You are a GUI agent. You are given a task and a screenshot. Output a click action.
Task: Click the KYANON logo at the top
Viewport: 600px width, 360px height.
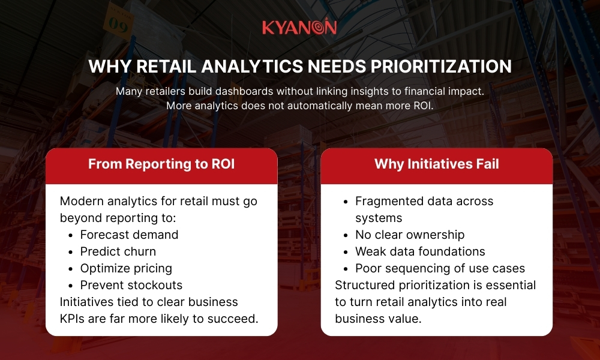299,28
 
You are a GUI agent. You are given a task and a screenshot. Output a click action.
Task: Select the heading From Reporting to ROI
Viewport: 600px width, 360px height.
161,164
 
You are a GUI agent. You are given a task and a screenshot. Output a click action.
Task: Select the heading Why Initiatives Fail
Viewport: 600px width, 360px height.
437,164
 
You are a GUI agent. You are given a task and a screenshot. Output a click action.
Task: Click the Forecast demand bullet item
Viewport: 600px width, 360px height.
129,235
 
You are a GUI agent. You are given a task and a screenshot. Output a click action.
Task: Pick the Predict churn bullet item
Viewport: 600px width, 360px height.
118,251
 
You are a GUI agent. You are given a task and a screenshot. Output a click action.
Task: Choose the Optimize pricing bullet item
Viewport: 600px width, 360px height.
126,268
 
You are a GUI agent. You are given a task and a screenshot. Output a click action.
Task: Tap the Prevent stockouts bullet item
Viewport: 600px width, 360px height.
131,285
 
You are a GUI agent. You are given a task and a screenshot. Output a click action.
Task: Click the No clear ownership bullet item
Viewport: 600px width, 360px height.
410,235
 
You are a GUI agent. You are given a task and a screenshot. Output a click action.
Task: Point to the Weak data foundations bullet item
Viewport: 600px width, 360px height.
420,251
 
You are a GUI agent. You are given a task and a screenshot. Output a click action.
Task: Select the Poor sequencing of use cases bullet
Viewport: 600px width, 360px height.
440,268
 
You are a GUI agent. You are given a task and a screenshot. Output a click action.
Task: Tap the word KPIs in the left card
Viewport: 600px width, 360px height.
73,319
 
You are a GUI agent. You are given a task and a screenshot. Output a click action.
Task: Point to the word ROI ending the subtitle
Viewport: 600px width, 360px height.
423,106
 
